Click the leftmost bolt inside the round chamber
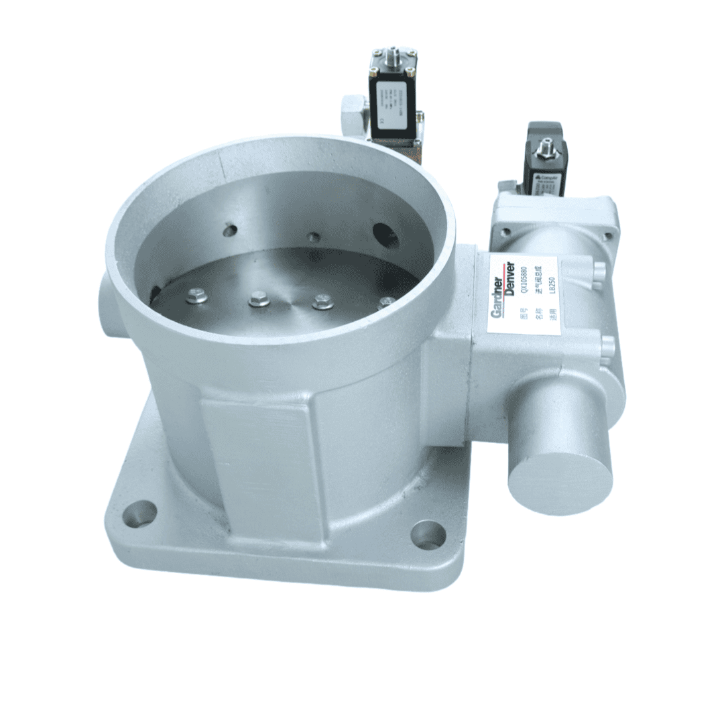pos(196,295)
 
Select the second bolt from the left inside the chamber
pos(259,299)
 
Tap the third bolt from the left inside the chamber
pos(322,301)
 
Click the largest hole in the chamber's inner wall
pos(386,235)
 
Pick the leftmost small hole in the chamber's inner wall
pos(230,231)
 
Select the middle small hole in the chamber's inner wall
pos(313,237)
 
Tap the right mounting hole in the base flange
pos(428,534)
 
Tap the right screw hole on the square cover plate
pos(607,236)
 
